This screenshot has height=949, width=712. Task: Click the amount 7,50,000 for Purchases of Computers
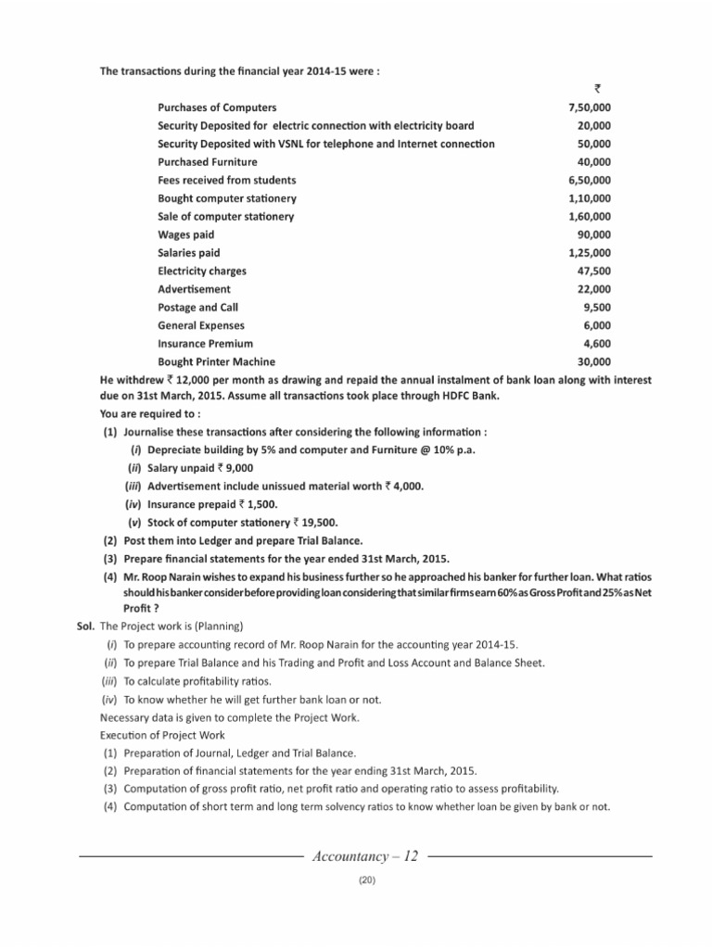(589, 108)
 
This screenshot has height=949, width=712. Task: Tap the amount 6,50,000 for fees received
(589, 180)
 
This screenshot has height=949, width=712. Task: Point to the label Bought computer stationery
(227, 198)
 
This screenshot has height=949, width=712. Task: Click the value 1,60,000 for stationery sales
(589, 216)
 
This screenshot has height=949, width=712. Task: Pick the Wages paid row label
(185, 234)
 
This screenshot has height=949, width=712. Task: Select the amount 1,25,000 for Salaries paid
(589, 252)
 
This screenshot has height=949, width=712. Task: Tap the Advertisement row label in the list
(194, 289)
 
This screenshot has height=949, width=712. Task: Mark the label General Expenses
(201, 325)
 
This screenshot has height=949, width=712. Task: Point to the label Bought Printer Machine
(216, 361)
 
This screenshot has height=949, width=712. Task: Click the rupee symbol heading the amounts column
(597, 89)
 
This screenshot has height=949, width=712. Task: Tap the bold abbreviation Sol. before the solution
(86, 626)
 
